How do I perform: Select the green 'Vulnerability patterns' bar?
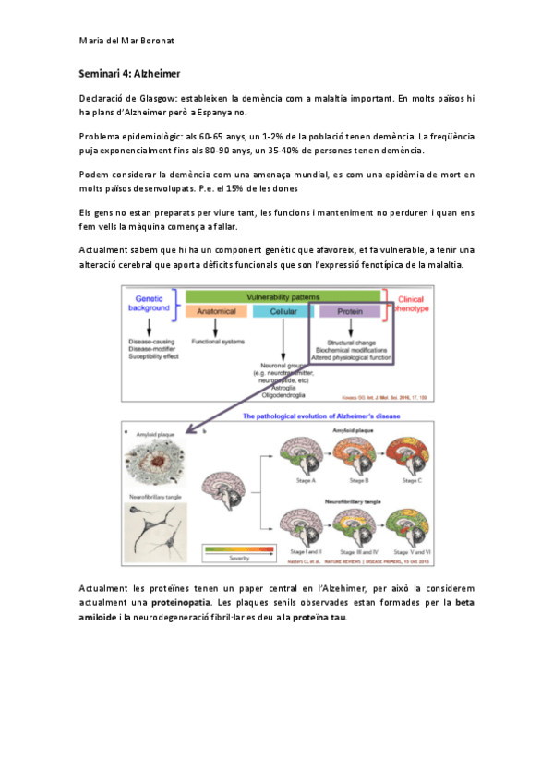pyautogui.click(x=283, y=296)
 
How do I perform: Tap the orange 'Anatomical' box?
pyautogui.click(x=216, y=311)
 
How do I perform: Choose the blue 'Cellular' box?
pyautogui.click(x=283, y=311)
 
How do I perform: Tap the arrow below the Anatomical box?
pyautogui.click(x=215, y=327)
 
